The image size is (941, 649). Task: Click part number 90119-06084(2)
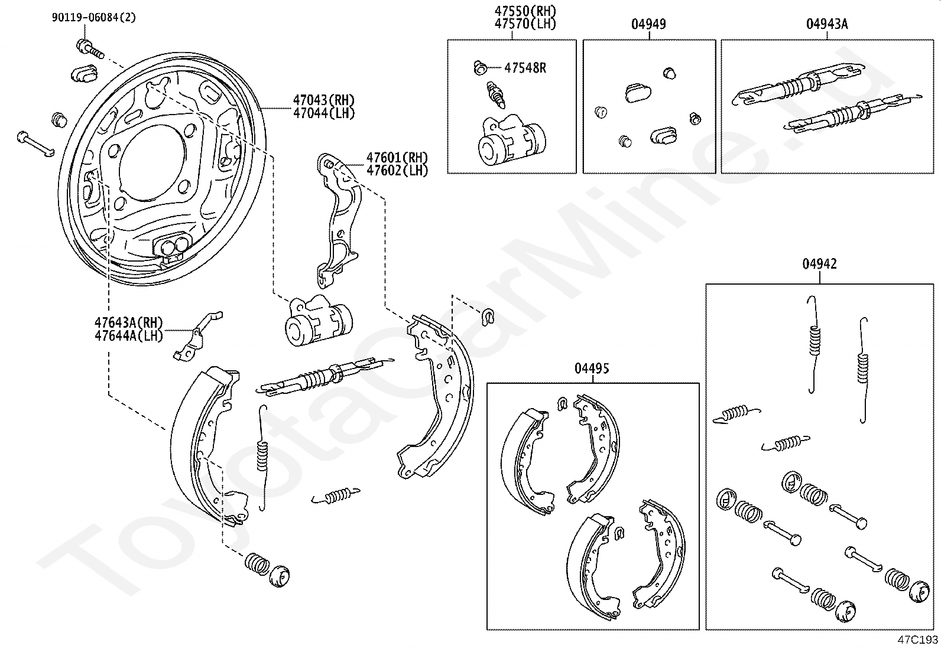[93, 18]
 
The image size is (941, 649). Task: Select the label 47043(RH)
[323, 100]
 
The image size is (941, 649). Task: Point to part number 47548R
[525, 68]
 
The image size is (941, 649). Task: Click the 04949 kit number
[648, 24]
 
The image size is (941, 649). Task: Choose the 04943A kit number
[826, 24]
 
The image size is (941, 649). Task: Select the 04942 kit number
[819, 264]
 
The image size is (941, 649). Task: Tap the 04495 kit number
[592, 368]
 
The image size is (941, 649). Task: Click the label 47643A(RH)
[128, 323]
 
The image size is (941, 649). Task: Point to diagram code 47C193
[918, 640]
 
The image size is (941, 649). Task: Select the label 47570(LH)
[525, 24]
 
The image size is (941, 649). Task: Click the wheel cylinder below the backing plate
[317, 322]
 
